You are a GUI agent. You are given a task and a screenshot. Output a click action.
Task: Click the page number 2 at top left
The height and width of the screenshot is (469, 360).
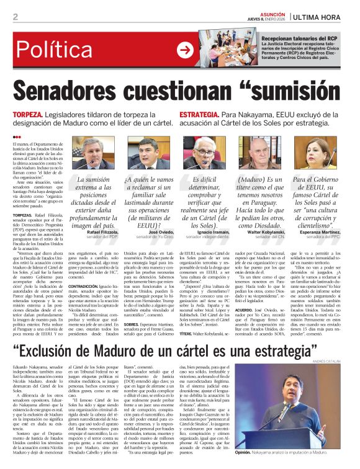tap(15, 17)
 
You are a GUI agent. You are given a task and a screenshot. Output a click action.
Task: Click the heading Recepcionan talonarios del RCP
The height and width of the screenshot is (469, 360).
tap(304, 38)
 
